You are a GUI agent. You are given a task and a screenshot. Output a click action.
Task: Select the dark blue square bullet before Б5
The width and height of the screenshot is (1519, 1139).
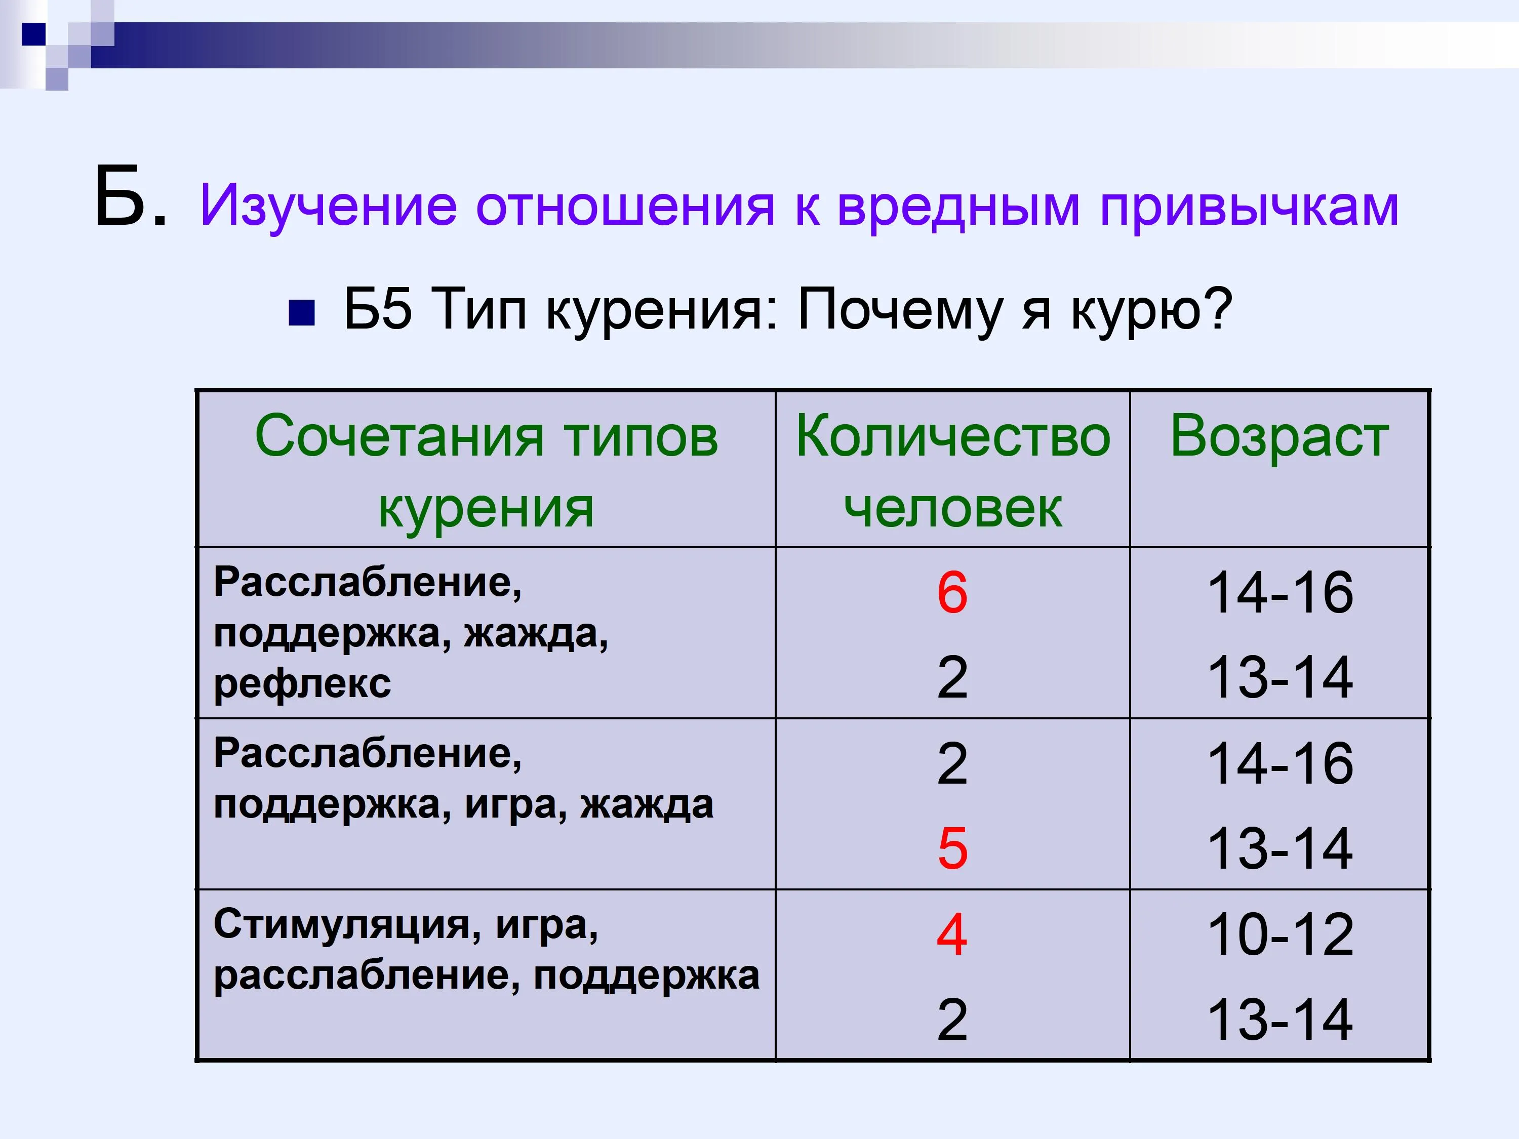click(x=301, y=312)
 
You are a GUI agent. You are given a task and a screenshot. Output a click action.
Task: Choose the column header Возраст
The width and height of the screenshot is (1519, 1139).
click(x=1280, y=437)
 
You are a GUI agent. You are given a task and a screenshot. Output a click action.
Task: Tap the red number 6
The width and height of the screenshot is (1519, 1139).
click(x=952, y=592)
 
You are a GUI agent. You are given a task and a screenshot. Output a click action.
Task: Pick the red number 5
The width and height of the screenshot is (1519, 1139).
click(x=952, y=848)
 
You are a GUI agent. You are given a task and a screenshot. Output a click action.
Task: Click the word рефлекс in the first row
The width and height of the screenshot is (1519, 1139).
click(x=302, y=684)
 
